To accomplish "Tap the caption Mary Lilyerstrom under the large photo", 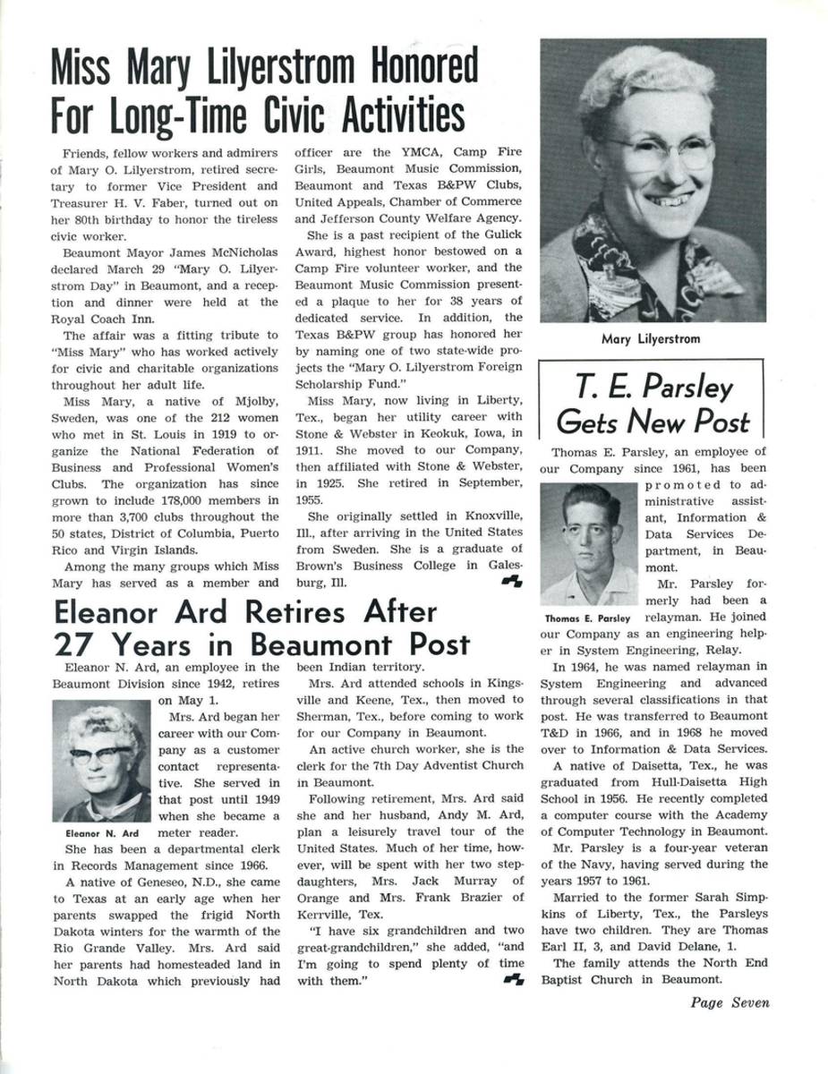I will [x=651, y=339].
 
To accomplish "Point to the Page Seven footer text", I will [x=730, y=1002].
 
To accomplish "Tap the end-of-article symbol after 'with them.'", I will [x=513, y=980].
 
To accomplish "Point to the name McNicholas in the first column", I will [x=236, y=252].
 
